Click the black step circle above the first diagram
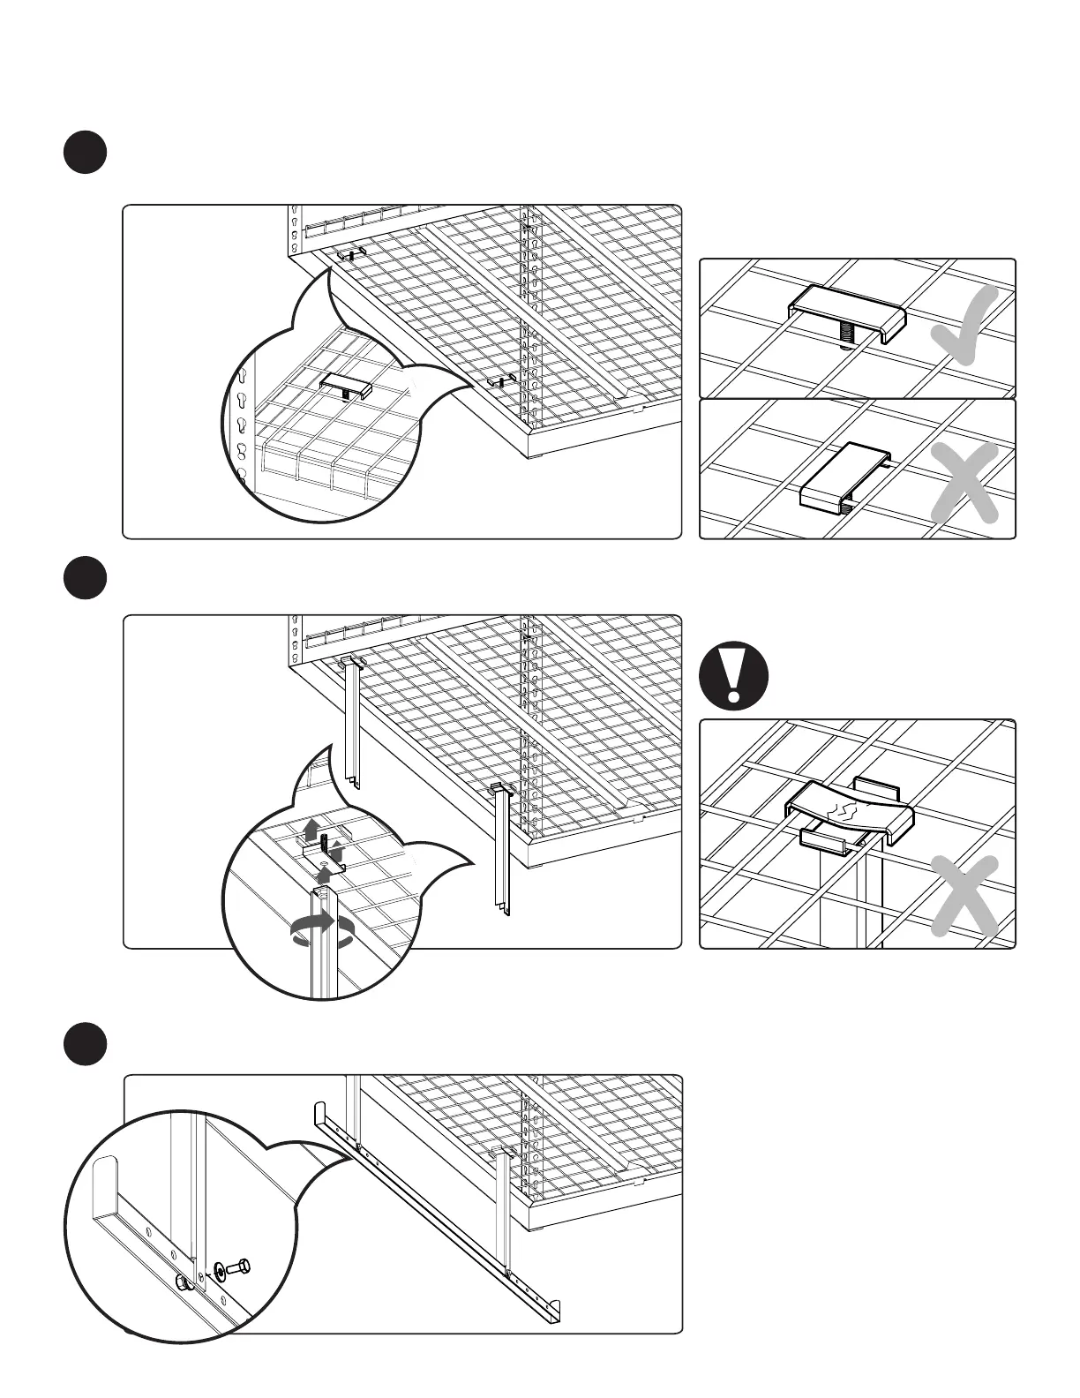[85, 153]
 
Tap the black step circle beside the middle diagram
[85, 579]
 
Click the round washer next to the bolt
[218, 1272]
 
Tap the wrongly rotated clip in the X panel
[844, 476]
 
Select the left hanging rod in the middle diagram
[353, 719]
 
